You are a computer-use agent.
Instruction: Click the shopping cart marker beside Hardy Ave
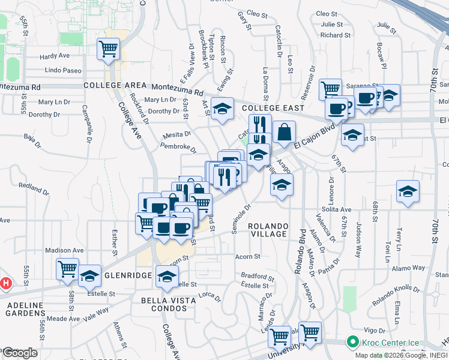(x=109, y=49)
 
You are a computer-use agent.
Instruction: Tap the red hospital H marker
(x=5, y=283)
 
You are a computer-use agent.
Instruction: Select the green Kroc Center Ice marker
(x=351, y=344)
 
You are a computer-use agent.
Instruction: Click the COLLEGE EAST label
(x=270, y=107)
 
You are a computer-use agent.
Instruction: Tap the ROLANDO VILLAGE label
(x=269, y=230)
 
